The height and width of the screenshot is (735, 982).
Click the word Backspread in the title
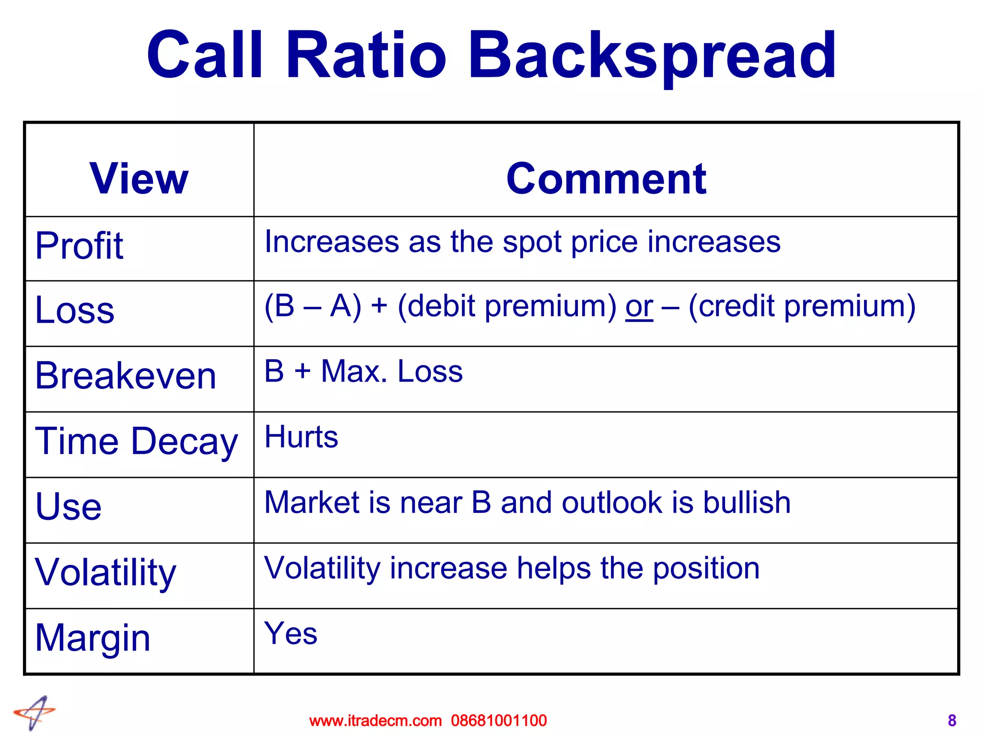click(x=652, y=56)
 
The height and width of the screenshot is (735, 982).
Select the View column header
click(x=139, y=178)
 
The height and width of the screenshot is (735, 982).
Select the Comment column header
click(x=606, y=178)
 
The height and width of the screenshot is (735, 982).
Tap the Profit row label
click(x=80, y=245)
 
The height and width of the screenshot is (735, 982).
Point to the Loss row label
click(x=75, y=310)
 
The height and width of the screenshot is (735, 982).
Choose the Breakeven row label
click(x=126, y=375)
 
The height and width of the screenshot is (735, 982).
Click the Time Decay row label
click(x=137, y=441)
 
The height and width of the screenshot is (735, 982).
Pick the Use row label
click(x=69, y=506)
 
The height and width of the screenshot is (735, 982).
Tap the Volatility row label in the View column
click(x=106, y=572)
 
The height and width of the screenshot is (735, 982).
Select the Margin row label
click(x=93, y=638)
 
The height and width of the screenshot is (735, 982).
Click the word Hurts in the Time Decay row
click(x=301, y=437)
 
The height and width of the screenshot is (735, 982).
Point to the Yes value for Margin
click(x=291, y=633)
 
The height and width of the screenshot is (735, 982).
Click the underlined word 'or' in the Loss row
click(x=639, y=307)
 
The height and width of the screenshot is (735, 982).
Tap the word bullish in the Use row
click(x=747, y=502)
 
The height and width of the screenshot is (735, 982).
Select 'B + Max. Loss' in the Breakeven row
click(x=363, y=371)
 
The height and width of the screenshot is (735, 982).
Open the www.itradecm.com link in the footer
click(x=375, y=721)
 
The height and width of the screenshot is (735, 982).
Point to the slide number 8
click(x=952, y=721)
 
